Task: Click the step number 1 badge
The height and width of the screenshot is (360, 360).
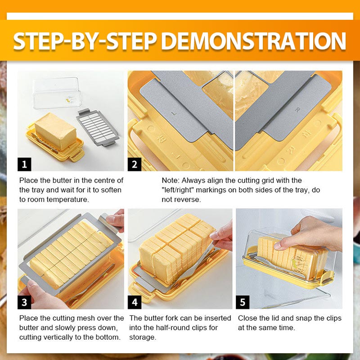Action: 24,164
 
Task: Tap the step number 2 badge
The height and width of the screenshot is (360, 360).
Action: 135,164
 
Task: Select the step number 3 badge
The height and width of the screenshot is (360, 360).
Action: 24,302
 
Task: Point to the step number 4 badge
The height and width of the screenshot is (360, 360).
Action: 135,302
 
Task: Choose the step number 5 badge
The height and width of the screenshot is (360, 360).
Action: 243,302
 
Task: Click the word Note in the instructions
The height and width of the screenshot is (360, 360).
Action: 170,180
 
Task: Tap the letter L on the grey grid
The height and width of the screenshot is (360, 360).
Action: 174,113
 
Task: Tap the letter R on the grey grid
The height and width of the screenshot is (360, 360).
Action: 297,110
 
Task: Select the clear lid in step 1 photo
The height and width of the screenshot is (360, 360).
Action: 57,93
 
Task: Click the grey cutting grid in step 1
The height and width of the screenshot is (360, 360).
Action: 98,127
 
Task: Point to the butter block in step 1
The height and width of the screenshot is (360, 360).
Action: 55,131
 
